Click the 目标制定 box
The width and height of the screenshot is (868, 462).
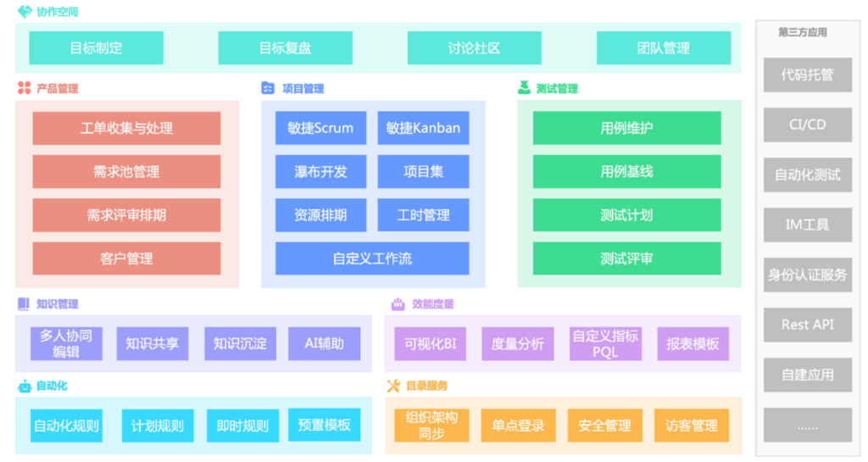(x=96, y=48)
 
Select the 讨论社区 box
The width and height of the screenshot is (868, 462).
(x=474, y=48)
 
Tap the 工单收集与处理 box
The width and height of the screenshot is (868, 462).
(x=126, y=129)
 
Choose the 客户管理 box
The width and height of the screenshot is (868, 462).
(x=126, y=259)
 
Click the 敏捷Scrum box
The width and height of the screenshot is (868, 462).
(x=320, y=129)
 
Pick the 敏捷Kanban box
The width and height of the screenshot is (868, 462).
(x=423, y=129)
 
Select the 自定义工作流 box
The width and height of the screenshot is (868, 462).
(x=372, y=259)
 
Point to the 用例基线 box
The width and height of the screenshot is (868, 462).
(x=626, y=172)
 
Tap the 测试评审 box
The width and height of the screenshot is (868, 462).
(x=626, y=259)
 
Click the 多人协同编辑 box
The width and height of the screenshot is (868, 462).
(x=66, y=343)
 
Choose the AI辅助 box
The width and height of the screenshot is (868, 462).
(x=324, y=343)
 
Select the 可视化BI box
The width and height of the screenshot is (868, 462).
(x=430, y=343)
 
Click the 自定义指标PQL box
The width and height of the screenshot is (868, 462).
(x=605, y=343)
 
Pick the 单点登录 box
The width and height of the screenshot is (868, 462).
(x=518, y=426)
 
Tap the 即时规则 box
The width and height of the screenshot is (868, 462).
(x=242, y=426)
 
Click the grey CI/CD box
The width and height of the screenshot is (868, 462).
(x=807, y=125)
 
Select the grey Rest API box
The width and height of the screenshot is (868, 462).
(x=807, y=325)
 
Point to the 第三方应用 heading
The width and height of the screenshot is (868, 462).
(x=803, y=32)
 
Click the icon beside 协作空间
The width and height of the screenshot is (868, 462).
(x=25, y=12)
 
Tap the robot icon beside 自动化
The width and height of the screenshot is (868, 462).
(x=25, y=387)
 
